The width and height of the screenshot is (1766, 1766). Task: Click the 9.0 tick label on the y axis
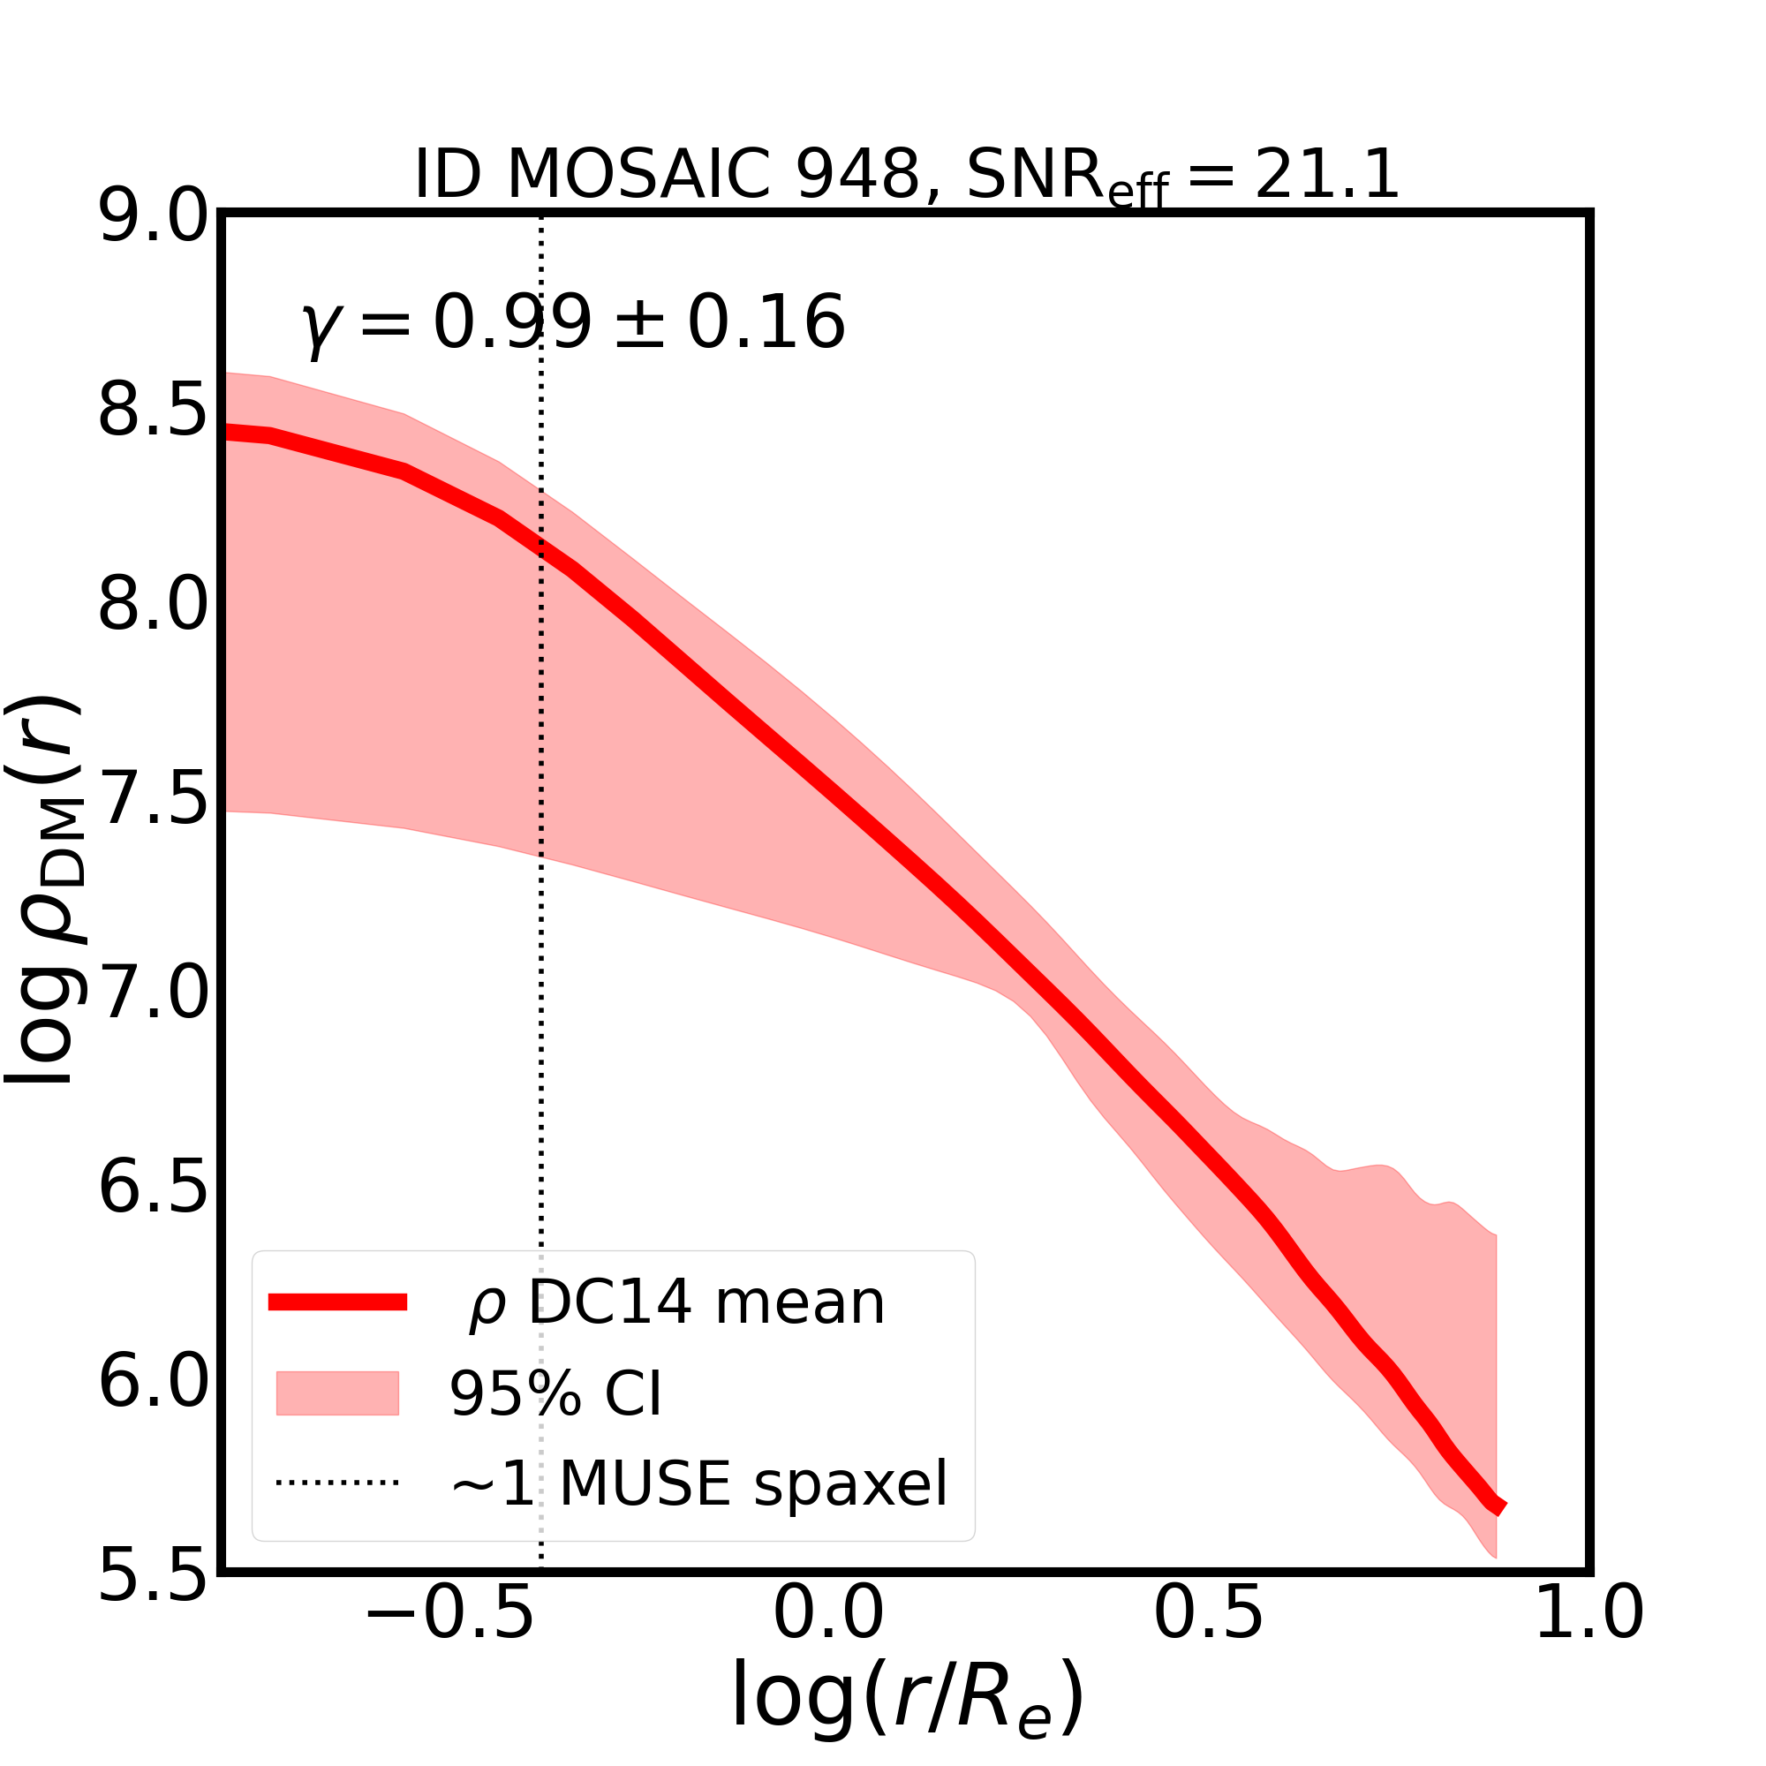coord(154,218)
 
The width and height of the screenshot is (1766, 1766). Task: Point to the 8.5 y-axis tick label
coord(154,412)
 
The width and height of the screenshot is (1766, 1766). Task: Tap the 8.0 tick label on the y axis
coord(154,606)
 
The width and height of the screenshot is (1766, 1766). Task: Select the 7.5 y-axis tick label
coord(154,800)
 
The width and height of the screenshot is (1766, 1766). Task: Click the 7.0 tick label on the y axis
coord(154,993)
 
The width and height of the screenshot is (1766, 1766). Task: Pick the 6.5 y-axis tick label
coord(154,1188)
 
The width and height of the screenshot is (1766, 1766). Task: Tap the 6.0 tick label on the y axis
coord(154,1381)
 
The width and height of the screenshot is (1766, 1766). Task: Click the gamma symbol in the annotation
coord(320,328)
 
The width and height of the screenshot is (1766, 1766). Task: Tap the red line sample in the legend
coord(337,1302)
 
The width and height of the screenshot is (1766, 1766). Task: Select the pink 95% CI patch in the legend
coord(337,1393)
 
